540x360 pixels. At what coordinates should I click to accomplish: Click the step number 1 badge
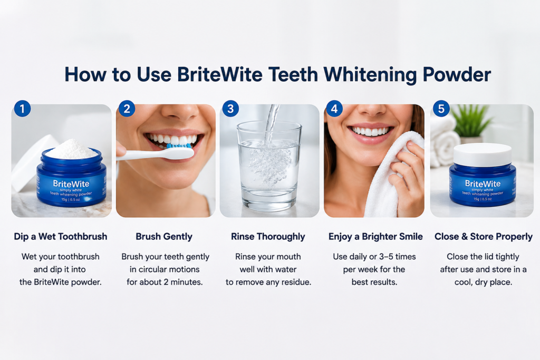[x=22, y=109]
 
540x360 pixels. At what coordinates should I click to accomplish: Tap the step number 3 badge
[x=231, y=109]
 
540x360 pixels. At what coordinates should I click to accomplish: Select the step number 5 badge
[x=441, y=109]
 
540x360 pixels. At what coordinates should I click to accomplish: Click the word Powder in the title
[x=457, y=74]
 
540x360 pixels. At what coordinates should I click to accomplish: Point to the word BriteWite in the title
[x=220, y=74]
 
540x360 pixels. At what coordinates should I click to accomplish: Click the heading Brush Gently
[x=164, y=237]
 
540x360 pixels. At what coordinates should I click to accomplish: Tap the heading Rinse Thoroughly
[x=268, y=237]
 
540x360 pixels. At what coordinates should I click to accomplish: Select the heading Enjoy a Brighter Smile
[x=375, y=237]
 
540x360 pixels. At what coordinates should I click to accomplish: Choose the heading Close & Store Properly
[x=484, y=237]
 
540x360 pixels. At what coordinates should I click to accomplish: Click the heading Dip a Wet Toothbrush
[x=61, y=237]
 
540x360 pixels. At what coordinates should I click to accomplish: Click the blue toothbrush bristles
[x=179, y=146]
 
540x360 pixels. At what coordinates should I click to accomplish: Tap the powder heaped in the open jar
[x=72, y=149]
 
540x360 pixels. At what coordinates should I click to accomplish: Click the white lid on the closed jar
[x=482, y=155]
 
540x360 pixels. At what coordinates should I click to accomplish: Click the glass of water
[x=269, y=165]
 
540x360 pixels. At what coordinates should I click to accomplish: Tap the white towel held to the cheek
[x=392, y=176]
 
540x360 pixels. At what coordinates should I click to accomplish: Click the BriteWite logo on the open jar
[x=71, y=184]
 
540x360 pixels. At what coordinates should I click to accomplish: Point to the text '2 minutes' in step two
[x=183, y=282]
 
